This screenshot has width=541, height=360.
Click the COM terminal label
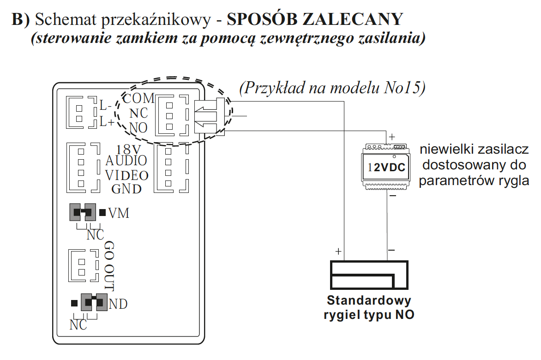pyautogui.click(x=138, y=98)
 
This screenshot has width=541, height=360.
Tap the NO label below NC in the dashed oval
pyautogui.click(x=138, y=128)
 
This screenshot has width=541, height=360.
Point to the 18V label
pyautogui.click(x=128, y=150)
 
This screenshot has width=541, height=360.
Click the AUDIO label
pyautogui.click(x=126, y=161)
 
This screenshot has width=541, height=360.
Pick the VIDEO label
pyautogui.click(x=126, y=175)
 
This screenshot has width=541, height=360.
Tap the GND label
pyautogui.click(x=126, y=189)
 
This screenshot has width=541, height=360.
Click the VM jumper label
pyautogui.click(x=119, y=213)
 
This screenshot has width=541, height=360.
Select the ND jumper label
pyautogui.click(x=118, y=304)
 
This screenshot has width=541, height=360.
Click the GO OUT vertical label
pyautogui.click(x=109, y=266)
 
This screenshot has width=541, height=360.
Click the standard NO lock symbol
pyautogui.click(x=369, y=275)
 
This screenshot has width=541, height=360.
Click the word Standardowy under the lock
pyautogui.click(x=369, y=300)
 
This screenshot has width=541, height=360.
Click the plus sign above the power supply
pyautogui.click(x=391, y=137)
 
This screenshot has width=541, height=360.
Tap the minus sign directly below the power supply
pyautogui.click(x=393, y=196)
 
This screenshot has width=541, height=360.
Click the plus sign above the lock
pyautogui.click(x=338, y=252)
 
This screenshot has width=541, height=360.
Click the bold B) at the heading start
pyautogui.click(x=21, y=19)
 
